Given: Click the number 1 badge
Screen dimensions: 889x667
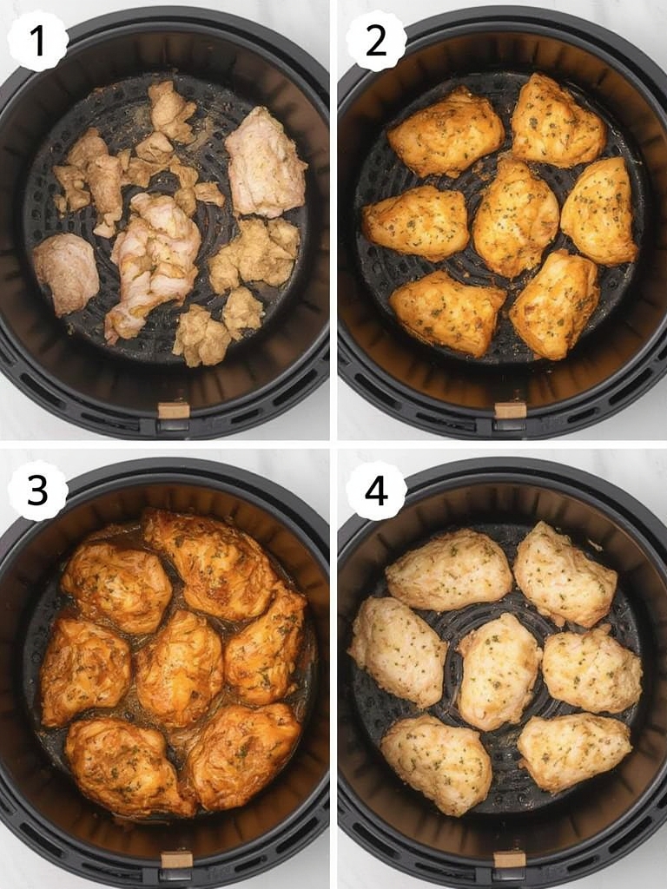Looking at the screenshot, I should [x=37, y=41].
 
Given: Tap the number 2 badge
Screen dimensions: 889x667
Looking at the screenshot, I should [x=376, y=41].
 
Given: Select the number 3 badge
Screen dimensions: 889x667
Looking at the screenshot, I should [x=37, y=491].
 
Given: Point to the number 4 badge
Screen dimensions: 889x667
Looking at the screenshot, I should [x=376, y=491].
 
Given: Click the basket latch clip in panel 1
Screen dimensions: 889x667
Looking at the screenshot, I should [x=174, y=411].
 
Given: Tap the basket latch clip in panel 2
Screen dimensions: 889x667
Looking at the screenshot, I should [x=510, y=411].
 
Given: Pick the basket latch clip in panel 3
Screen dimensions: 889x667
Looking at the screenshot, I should [x=176, y=859].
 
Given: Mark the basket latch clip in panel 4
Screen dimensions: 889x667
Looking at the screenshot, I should [x=510, y=859].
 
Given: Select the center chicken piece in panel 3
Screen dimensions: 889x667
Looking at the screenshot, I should [x=179, y=667].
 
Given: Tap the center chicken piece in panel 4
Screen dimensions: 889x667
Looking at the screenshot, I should [x=499, y=669].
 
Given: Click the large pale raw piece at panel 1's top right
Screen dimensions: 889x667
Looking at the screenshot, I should [x=264, y=161].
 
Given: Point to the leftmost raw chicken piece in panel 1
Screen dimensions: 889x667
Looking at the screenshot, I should [x=67, y=272].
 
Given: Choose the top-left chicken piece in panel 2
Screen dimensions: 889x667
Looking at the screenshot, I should [x=446, y=132].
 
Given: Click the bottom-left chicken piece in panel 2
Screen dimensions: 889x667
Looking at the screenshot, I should [x=446, y=312].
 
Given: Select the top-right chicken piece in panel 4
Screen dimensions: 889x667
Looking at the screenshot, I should [x=564, y=573].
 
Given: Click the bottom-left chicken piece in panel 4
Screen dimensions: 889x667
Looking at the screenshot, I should [x=436, y=763].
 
